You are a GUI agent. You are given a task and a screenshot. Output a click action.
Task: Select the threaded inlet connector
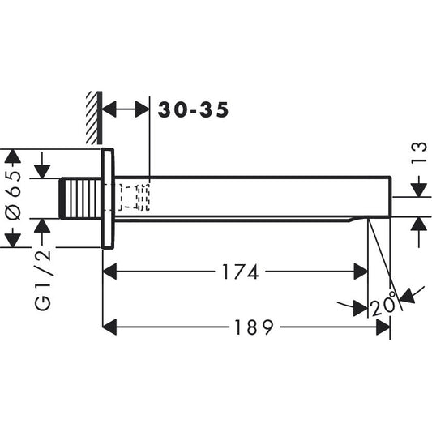82,198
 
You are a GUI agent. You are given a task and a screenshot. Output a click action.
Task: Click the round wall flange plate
109,199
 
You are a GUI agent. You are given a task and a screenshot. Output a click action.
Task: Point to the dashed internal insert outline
135,197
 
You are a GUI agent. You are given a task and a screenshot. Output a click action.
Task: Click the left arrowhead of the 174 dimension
112,272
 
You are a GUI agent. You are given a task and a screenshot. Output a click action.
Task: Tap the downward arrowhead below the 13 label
417,189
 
